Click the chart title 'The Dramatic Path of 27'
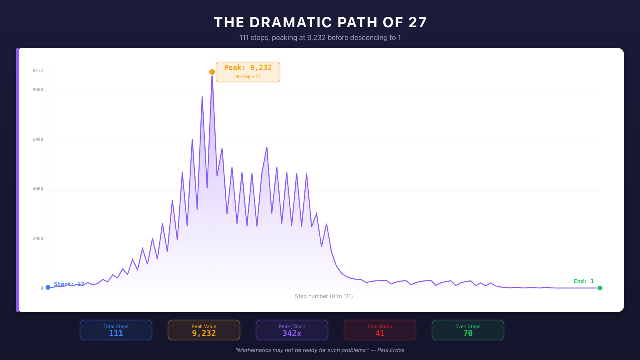point(320,22)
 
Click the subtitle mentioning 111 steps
point(320,38)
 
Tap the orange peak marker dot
point(212,72)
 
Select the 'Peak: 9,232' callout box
point(248,72)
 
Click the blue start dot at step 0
point(48,287)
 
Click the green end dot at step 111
point(600,288)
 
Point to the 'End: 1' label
point(584,281)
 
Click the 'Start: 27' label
point(69,284)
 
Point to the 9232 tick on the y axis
point(38,70)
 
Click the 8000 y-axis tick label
point(38,90)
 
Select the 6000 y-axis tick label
point(38,139)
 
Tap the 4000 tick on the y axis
point(38,189)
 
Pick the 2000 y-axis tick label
point(38,238)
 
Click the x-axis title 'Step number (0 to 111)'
point(324,296)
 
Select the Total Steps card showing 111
point(116,330)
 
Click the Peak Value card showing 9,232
point(204,330)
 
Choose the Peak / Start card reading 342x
point(292,330)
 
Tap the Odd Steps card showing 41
point(380,330)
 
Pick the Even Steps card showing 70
point(468,330)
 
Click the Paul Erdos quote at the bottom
point(320,350)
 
